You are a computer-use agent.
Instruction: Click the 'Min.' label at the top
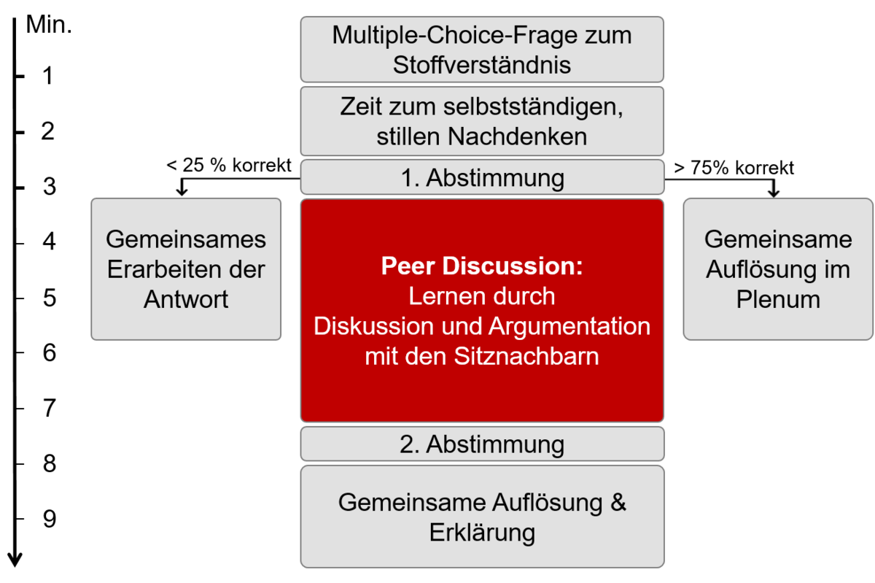point(49,25)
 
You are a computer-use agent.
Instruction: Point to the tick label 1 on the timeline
point(47,76)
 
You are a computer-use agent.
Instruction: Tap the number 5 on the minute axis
point(50,298)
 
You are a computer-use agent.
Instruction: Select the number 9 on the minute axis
point(50,520)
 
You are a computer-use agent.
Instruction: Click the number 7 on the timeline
point(50,409)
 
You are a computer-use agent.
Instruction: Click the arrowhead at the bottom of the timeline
point(15,560)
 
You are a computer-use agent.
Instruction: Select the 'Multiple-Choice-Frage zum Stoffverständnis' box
point(482,50)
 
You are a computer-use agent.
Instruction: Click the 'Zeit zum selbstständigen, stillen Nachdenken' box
point(482,121)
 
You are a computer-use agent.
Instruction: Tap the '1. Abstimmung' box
point(482,177)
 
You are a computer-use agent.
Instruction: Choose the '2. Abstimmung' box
point(482,444)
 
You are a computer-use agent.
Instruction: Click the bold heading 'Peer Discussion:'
point(482,266)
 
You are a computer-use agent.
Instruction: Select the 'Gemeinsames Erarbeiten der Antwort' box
point(186,269)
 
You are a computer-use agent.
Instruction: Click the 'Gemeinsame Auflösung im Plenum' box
point(778,269)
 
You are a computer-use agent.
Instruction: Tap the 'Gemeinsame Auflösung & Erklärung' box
point(482,517)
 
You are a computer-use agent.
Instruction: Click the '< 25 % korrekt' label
point(229,166)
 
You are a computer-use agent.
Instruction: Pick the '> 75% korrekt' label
point(734,168)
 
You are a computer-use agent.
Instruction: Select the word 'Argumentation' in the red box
point(569,326)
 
